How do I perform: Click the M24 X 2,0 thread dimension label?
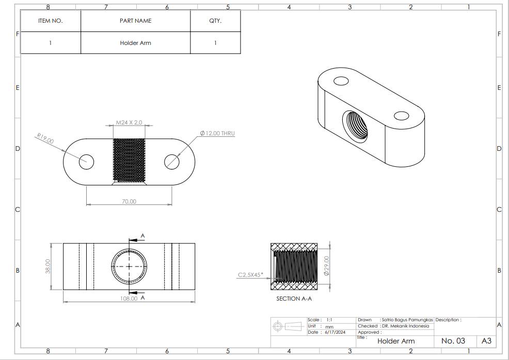coord(129,122)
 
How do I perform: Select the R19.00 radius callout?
coord(45,138)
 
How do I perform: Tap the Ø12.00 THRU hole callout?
coord(217,133)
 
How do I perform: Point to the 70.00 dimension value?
coord(129,201)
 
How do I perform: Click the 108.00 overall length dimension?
coord(129,298)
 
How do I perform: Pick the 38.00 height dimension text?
coord(47,266)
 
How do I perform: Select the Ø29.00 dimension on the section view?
coord(327,266)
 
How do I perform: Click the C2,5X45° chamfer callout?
coord(250,275)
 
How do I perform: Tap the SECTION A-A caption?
coord(294,299)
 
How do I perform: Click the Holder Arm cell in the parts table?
coord(135,43)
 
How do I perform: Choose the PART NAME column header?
coord(135,21)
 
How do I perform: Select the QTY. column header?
coord(215,21)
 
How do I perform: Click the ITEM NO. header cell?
coord(50,21)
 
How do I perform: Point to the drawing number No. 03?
coord(453,341)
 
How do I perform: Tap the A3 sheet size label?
coord(486,341)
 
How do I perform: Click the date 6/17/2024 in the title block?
coord(335,332)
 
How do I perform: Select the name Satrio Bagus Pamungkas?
coord(407,320)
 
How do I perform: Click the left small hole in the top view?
coord(86,162)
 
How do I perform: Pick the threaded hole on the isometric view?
coord(356,128)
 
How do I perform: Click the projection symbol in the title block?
coord(289,326)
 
